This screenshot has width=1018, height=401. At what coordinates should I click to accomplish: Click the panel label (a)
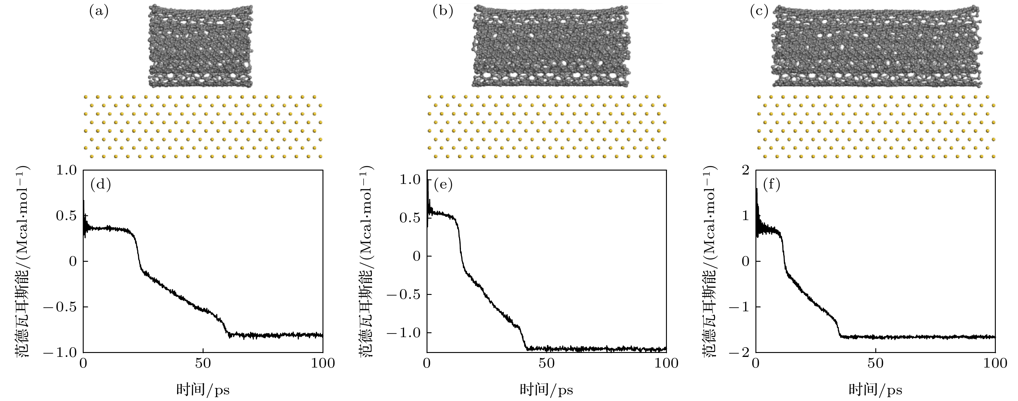(x=98, y=12)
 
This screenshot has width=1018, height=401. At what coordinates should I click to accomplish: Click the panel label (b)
(x=443, y=12)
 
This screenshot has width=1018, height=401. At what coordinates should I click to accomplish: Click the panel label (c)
(x=759, y=12)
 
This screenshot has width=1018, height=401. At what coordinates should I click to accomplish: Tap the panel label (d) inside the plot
(x=101, y=185)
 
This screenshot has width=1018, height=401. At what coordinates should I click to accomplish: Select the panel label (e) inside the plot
(x=443, y=185)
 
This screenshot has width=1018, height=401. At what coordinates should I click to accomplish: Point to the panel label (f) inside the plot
(x=771, y=185)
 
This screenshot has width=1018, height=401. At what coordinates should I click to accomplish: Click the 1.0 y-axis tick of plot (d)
(x=68, y=171)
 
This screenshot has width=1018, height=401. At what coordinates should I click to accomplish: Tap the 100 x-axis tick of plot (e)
(x=666, y=363)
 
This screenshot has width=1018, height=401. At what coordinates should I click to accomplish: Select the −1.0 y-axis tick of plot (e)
(x=404, y=333)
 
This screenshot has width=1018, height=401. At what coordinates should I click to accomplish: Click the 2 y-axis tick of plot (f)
(x=746, y=171)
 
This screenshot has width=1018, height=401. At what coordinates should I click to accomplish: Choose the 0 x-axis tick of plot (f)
(x=756, y=363)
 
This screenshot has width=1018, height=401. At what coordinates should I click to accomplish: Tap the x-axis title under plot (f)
(x=875, y=390)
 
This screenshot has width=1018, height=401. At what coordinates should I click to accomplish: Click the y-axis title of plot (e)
(x=366, y=261)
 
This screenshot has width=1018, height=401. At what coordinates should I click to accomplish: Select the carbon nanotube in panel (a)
(x=200, y=46)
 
